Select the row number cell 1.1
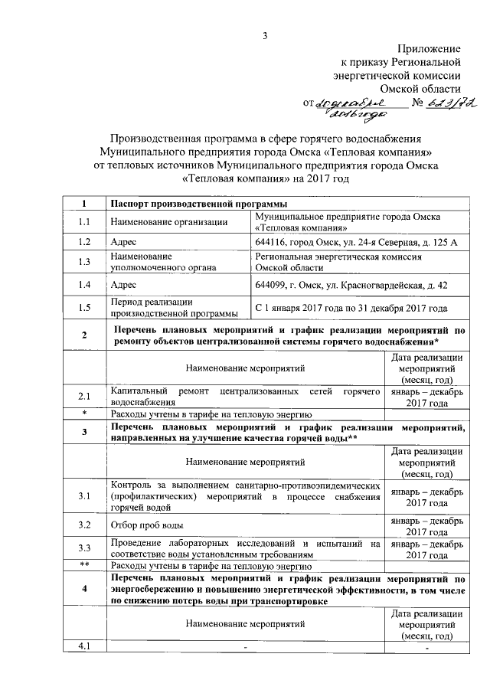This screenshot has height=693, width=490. pyautogui.click(x=84, y=222)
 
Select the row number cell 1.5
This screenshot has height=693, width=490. pyautogui.click(x=84, y=308)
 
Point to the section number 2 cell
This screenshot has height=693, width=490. pyautogui.click(x=84, y=335)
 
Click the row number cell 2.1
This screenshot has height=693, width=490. pyautogui.click(x=84, y=397)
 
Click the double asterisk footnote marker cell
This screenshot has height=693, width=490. pyautogui.click(x=84, y=564)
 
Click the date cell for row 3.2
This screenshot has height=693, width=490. pyautogui.click(x=426, y=525)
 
